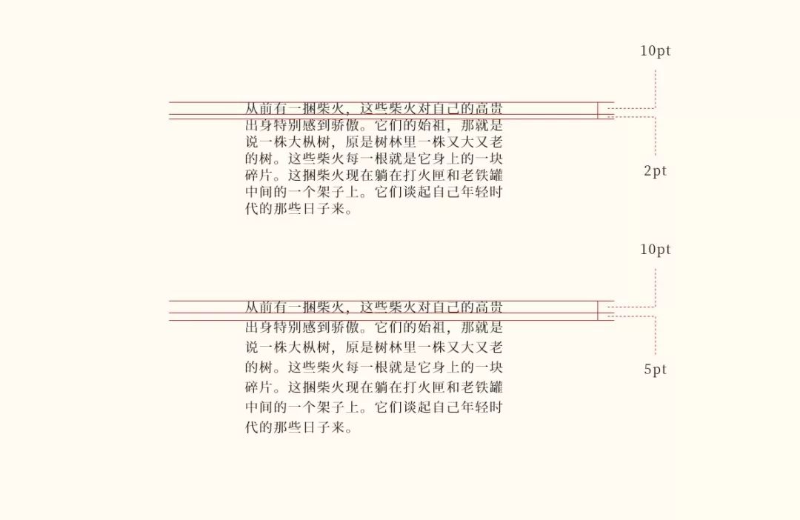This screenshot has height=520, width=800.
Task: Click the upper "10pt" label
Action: coord(655,50)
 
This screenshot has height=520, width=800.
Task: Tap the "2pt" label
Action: coord(655,171)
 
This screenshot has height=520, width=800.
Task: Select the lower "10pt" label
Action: coord(655,249)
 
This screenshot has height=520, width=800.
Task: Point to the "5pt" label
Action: coord(655,369)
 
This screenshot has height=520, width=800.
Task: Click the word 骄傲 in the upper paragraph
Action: coord(346,125)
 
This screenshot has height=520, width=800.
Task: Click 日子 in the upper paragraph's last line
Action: coord(317,209)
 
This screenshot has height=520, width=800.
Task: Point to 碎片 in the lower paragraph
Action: coord(260,387)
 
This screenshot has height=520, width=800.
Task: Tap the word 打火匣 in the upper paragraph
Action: coord(424,176)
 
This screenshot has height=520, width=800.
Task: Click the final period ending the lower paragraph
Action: coord(349,430)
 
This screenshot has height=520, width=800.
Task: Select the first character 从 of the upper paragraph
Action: coord(253,108)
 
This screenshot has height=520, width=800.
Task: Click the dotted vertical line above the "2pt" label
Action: coord(655,136)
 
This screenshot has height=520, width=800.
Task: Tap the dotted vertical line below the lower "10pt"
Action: coord(655,287)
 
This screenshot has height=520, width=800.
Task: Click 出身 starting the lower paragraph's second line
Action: coord(260,327)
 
